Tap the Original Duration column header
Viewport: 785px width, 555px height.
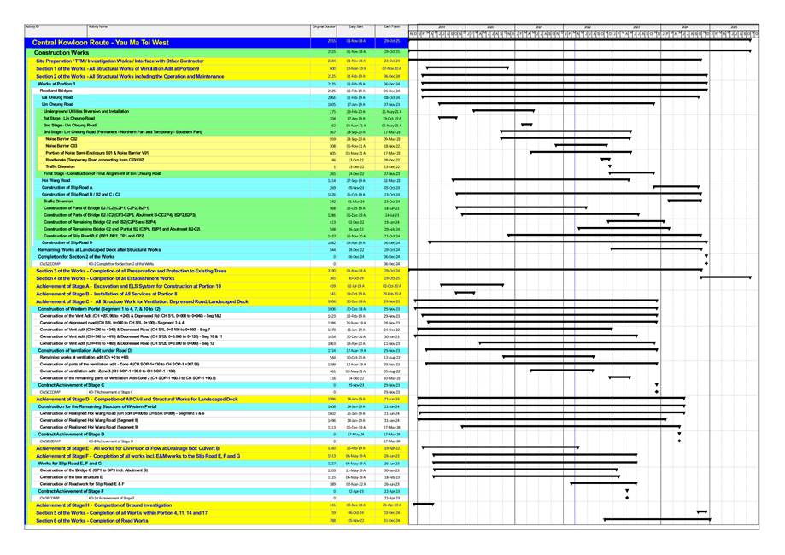pyautogui.click(x=323, y=27)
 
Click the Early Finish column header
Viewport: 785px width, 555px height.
pyautogui.click(x=391, y=27)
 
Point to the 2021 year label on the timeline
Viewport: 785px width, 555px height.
pyautogui.click(x=539, y=26)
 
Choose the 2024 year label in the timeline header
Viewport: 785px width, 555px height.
pyautogui.click(x=686, y=26)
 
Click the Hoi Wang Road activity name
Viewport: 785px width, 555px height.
pyautogui.click(x=56, y=181)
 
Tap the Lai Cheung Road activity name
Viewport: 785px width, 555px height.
pyautogui.click(x=60, y=97)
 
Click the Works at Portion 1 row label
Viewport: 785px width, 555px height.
pyautogui.click(x=56, y=84)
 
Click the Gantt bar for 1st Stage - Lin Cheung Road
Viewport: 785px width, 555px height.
pyautogui.click(x=448, y=118)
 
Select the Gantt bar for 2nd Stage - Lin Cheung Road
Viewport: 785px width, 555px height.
pyautogui.click(x=527, y=125)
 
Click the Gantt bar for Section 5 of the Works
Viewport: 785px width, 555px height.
pyautogui.click(x=698, y=512)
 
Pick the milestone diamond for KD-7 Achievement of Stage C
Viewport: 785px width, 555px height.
pyautogui.click(x=656, y=392)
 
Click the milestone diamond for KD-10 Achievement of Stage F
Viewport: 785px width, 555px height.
pyautogui.click(x=626, y=498)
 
